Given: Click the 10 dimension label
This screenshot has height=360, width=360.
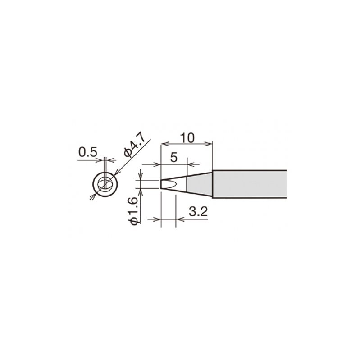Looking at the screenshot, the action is pyautogui.click(x=187, y=138).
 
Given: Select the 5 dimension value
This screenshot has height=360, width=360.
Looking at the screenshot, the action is pyautogui.click(x=174, y=158).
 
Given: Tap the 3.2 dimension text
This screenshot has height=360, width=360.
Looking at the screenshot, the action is pyautogui.click(x=198, y=212).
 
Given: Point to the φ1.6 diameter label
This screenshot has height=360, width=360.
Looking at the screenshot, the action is pyautogui.click(x=134, y=211).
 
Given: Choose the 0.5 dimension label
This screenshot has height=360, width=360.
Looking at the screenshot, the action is pyautogui.click(x=88, y=152).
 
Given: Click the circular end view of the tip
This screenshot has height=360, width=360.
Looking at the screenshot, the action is pyautogui.click(x=105, y=184).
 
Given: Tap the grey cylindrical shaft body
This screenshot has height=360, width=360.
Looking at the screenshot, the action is pyautogui.click(x=250, y=184).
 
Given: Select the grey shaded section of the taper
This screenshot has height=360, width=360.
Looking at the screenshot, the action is pyautogui.click(x=199, y=184).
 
